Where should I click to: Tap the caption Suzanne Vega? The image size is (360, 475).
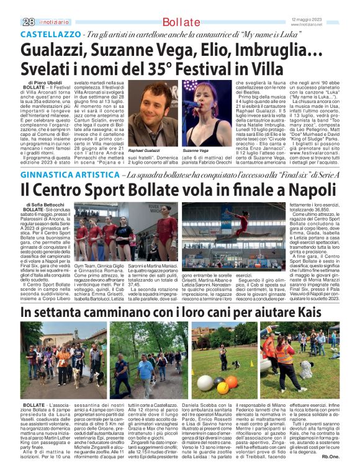196,150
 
